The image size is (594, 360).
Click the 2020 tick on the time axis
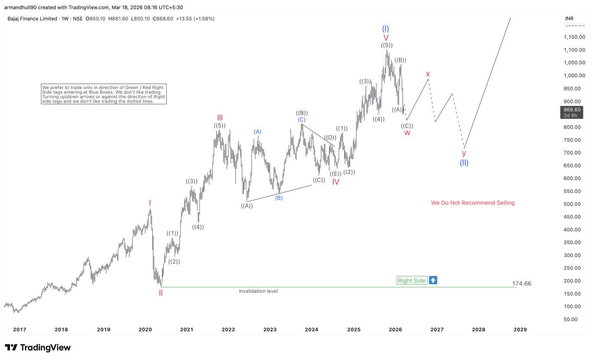pyautogui.click(x=145, y=329)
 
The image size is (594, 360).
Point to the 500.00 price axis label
pyautogui.click(x=574, y=204)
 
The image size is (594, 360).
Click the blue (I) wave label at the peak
pyautogui.click(x=386, y=29)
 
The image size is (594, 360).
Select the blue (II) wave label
pyautogui.click(x=464, y=163)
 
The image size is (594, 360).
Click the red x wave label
pyautogui.click(x=428, y=74)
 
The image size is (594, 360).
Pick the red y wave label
pyautogui.click(x=464, y=153)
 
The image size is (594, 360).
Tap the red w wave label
pyautogui.click(x=407, y=133)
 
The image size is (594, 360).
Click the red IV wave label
pyautogui.click(x=336, y=182)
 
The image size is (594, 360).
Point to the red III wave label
pyautogui.click(x=220, y=117)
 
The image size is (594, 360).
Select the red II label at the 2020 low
pyautogui.click(x=161, y=293)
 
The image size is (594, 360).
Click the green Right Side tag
pyautogui.click(x=412, y=280)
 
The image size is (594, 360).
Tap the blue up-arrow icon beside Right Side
pyautogui.click(x=433, y=280)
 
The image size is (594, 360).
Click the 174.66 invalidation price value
pyautogui.click(x=522, y=283)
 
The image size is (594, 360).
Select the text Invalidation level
pyautogui.click(x=258, y=291)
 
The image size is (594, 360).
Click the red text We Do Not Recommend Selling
pyautogui.click(x=472, y=203)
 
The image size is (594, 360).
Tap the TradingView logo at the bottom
pyautogui.click(x=38, y=347)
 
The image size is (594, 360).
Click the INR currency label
pyautogui.click(x=569, y=19)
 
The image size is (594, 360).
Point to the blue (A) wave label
pyautogui.click(x=258, y=132)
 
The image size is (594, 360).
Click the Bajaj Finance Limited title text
pyautogui.click(x=33, y=19)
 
